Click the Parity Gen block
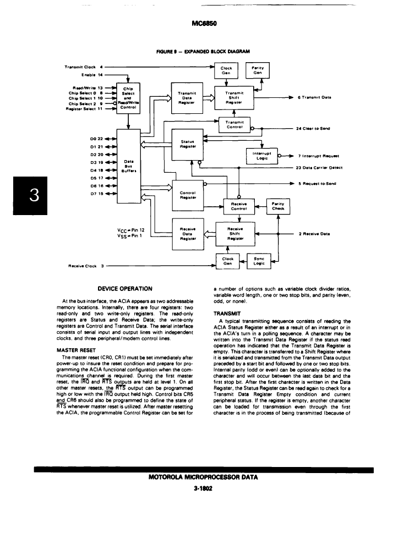[257, 70]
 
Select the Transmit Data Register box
[187, 98]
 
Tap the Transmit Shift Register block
[234, 98]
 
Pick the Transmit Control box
[234, 125]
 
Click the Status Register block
[188, 144]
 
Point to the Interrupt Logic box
[262, 156]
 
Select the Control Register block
[188, 195]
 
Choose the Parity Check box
[278, 206]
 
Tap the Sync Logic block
[259, 261]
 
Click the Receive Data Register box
[188, 234]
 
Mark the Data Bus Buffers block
[128, 166]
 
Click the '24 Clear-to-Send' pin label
[313, 128]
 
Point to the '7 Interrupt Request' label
[319, 156]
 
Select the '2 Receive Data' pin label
[314, 234]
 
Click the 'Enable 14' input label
[92, 75]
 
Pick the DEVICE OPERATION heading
[125, 289]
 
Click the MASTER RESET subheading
[76, 350]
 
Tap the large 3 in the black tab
[34, 195]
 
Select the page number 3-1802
[204, 488]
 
